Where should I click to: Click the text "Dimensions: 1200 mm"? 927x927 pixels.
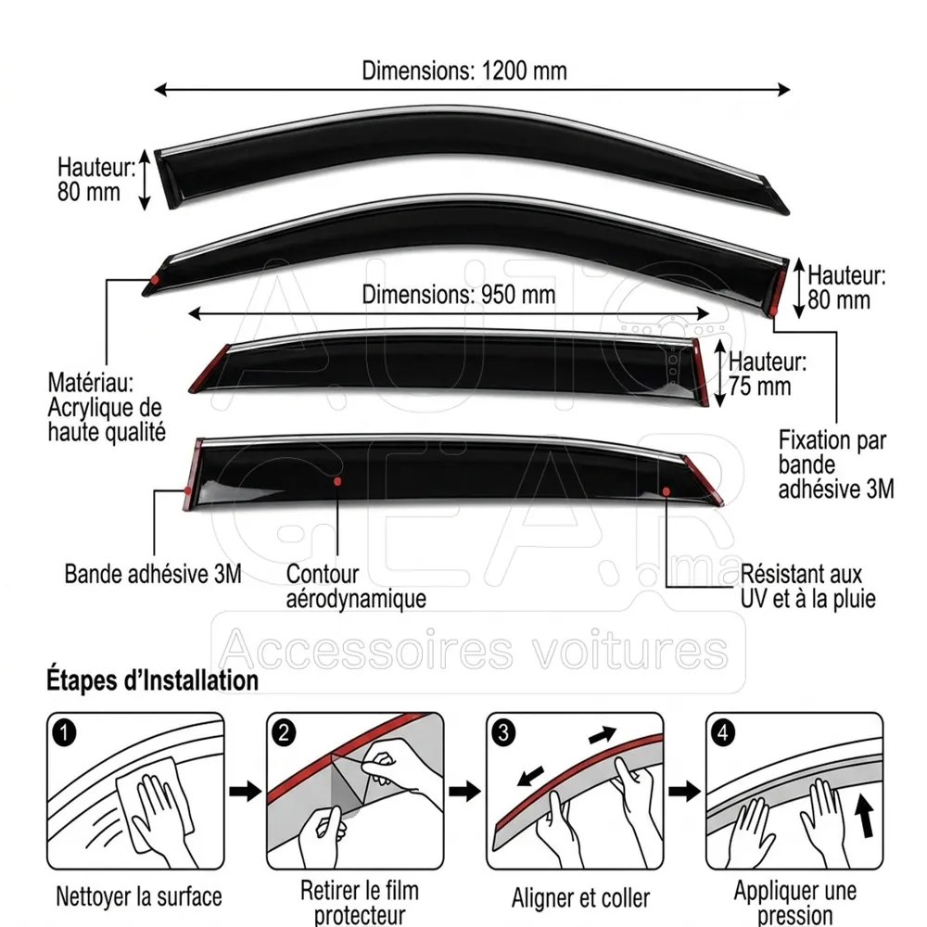tap(464, 70)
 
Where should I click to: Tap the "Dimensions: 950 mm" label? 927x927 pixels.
tap(458, 295)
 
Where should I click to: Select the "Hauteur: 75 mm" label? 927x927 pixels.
tap(767, 374)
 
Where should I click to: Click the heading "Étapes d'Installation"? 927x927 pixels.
tap(153, 679)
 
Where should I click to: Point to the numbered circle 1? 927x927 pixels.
tap(65, 733)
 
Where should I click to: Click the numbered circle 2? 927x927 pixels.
tap(284, 733)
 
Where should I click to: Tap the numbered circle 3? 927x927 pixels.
tap(503, 733)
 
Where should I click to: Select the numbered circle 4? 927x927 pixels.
tap(723, 733)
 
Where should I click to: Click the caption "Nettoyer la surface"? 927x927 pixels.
tap(139, 896)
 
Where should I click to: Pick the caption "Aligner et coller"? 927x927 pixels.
tap(580, 897)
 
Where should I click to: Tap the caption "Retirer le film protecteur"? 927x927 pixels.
tap(360, 902)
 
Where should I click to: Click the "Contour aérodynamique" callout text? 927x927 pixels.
tap(356, 587)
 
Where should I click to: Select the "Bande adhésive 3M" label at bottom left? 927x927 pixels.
tap(153, 574)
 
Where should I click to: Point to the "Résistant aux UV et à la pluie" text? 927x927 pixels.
tap(807, 587)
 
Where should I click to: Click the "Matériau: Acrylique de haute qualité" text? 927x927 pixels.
tap(107, 407)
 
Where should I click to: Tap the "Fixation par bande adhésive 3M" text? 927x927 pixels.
tap(836, 464)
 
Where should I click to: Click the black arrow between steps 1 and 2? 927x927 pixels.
tap(245, 791)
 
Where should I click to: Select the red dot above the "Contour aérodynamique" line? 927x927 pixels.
tap(337, 481)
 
